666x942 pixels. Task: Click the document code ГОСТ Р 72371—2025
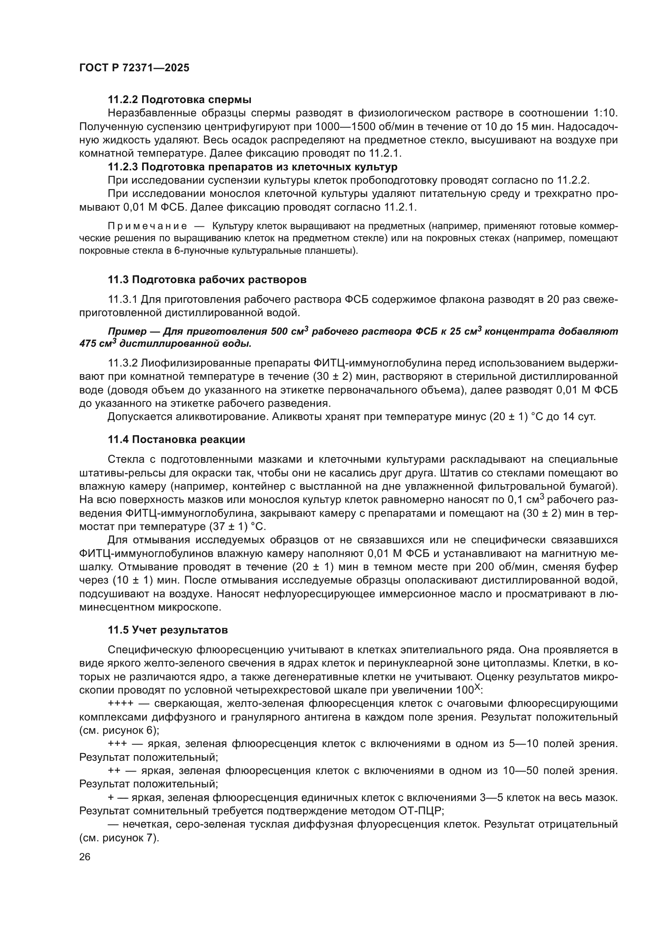pos(134,68)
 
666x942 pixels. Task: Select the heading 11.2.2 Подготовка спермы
pos(180,100)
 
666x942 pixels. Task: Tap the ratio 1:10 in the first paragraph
pos(605,113)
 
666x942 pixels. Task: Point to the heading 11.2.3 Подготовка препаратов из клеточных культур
pos(252,167)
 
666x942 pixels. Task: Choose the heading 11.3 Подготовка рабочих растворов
pos(207,280)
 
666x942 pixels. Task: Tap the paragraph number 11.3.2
pos(123,363)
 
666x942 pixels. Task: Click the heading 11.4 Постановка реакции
pos(176,440)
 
